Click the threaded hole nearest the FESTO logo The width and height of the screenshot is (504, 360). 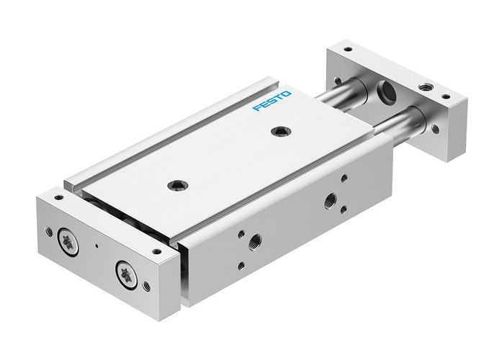(x=277, y=131)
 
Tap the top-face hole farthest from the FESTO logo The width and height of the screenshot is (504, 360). (x=174, y=185)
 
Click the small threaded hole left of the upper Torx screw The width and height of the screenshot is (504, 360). (x=49, y=232)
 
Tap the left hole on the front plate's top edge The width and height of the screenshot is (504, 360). (x=55, y=195)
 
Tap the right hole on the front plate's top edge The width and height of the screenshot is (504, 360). (x=156, y=251)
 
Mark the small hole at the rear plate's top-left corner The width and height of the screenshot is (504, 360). (x=348, y=50)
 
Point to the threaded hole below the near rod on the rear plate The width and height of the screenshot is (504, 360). (x=435, y=130)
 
